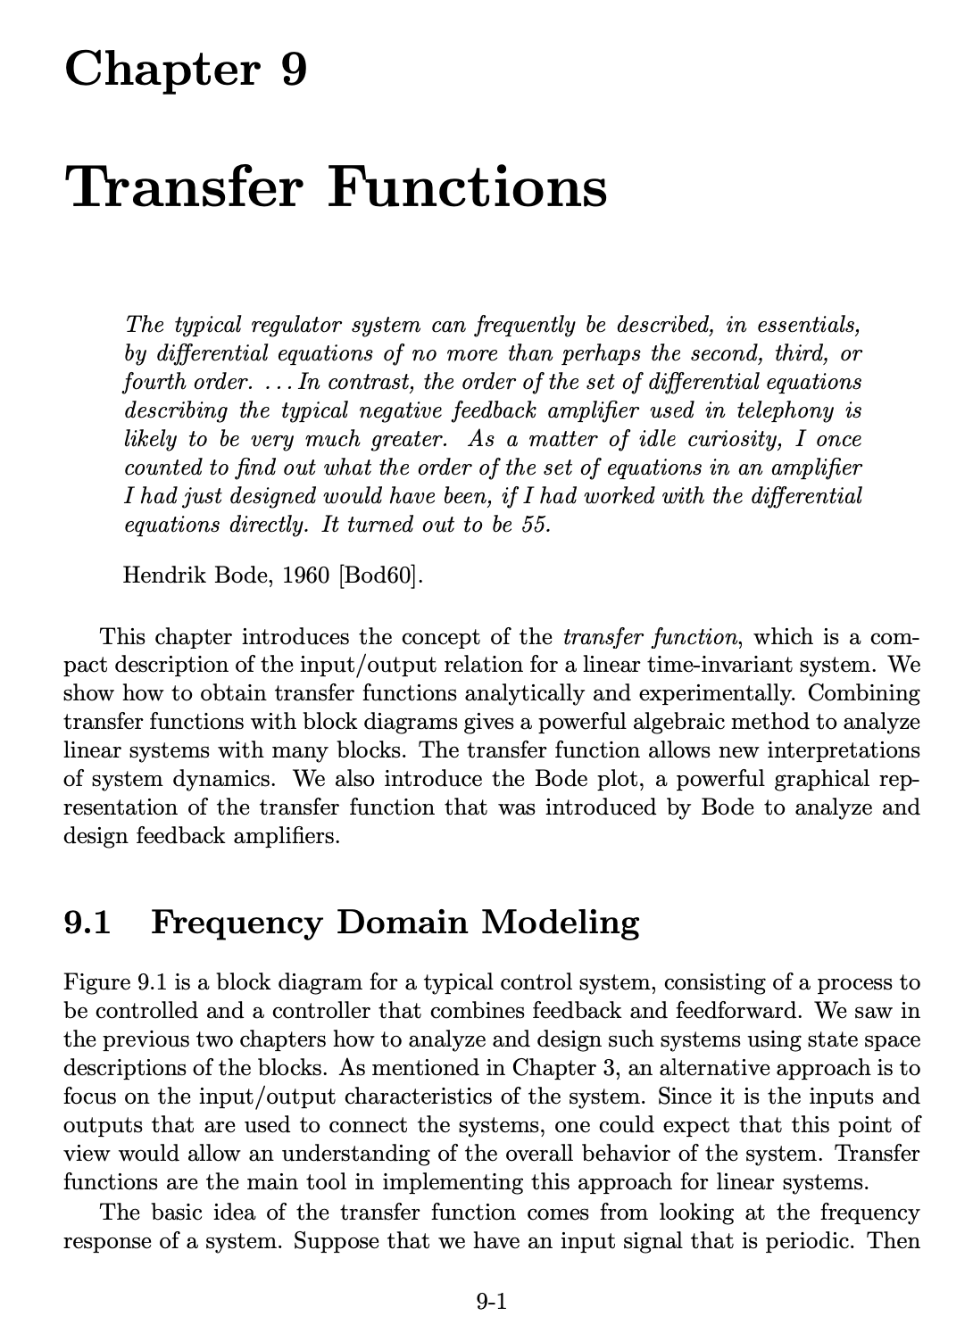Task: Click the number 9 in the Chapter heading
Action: [x=292, y=69]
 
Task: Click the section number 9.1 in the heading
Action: [x=87, y=922]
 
